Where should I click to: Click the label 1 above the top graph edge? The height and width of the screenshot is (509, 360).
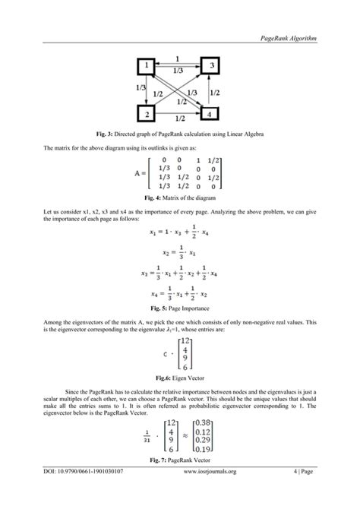[x=177, y=58]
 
